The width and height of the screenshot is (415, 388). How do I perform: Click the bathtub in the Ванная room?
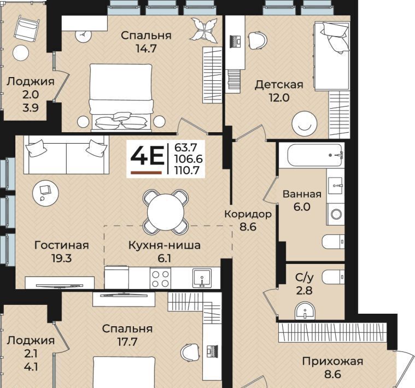pos(312,155)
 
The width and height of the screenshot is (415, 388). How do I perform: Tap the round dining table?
pos(166,212)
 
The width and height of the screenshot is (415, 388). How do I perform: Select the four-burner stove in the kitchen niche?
pos(160,279)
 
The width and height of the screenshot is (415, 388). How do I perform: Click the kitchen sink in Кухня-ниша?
pos(202,278)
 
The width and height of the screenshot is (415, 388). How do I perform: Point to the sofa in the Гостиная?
pos(66,155)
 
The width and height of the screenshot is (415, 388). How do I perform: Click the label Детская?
pos(279,85)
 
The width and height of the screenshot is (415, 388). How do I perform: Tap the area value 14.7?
pos(146,49)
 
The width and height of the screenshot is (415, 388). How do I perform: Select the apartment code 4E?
pos(147,155)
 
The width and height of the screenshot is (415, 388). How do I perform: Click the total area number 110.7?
pos(186,171)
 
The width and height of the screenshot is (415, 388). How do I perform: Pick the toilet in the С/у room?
pos(333,277)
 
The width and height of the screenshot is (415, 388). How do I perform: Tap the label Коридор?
pos(248,214)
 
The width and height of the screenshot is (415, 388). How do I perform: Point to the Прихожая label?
pos(332,361)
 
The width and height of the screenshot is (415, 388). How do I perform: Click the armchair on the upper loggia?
pos(26,29)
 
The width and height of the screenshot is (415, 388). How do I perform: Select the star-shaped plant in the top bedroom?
pos(204,30)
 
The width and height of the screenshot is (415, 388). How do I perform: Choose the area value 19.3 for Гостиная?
pos(61,258)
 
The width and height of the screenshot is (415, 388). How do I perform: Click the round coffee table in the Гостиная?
pos(45,193)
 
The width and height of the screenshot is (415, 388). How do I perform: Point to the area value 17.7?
pos(127,342)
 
